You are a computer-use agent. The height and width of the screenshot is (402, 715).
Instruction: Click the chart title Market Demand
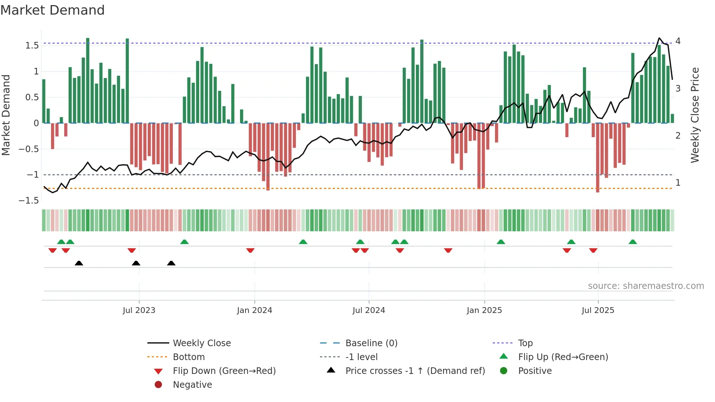pos(53,10)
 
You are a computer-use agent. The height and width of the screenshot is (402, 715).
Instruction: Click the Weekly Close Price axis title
pos(695,115)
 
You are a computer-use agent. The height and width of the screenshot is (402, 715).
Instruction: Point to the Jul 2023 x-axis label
pos(139,310)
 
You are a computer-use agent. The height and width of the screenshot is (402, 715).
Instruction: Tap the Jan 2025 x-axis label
pos(484,310)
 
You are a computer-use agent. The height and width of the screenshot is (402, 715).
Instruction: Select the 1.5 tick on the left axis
pos(32,46)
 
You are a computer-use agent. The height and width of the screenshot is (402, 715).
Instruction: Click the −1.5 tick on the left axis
pos(29,201)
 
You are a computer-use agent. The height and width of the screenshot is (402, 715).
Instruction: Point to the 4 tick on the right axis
pos(678,41)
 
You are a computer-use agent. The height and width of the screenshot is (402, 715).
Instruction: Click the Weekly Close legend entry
pos(201,343)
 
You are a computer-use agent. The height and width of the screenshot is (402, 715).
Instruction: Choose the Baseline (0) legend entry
pos(371,343)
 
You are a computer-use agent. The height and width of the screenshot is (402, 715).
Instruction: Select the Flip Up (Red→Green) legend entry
pos(563,357)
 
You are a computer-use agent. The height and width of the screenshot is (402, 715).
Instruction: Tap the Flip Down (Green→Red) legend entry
pos(224,371)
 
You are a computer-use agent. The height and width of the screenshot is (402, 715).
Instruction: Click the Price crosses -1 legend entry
pos(415,371)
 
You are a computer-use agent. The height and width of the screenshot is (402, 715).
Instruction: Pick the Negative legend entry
pos(192,385)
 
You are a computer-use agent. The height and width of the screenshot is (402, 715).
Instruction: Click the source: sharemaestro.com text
pos(646,286)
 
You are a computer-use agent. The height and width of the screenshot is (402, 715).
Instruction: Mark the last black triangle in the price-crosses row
pos(171,263)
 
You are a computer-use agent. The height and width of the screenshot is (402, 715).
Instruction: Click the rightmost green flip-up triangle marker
pos(633,242)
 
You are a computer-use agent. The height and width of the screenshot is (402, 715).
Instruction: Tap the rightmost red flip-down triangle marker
pos(593,250)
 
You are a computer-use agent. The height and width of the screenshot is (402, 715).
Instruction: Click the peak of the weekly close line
pos(659,38)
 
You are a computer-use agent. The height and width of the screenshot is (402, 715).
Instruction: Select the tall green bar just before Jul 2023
pos(127,80)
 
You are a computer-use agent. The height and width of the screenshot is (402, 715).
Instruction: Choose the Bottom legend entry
pos(189,357)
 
